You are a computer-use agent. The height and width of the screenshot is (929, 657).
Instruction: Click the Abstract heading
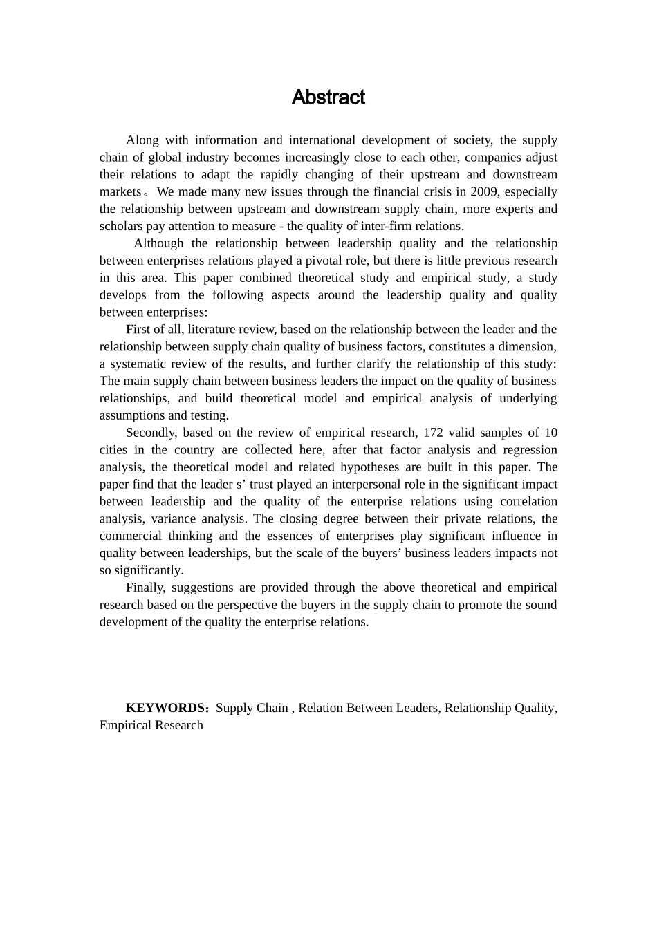328,97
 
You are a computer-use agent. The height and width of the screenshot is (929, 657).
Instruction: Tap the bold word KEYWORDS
165,708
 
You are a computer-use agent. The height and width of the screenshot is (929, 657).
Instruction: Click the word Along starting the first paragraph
142,140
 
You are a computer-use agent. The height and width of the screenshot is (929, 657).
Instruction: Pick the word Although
159,243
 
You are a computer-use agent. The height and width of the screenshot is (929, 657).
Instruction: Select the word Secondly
150,433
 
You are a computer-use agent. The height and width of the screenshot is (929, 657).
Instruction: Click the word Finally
145,588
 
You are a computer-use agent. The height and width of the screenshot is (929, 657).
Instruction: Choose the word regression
530,450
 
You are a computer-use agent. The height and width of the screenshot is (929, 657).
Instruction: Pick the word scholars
122,226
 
